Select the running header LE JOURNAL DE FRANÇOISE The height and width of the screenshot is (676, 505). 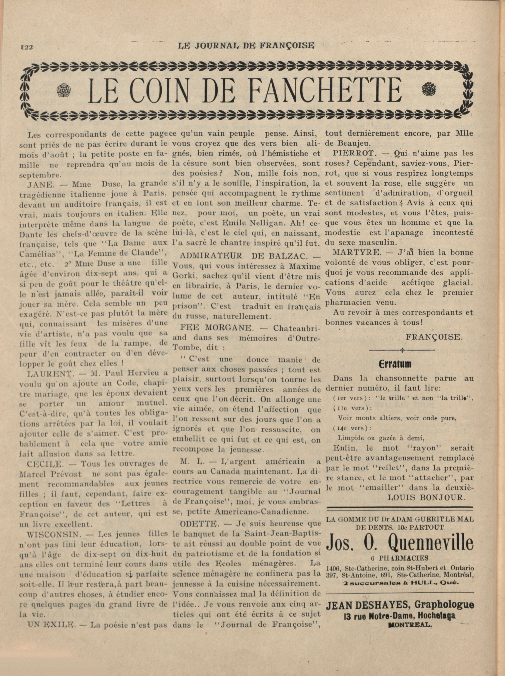pos(246,46)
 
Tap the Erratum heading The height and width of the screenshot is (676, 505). pos(395,364)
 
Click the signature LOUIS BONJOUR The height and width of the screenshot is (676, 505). pos(427,497)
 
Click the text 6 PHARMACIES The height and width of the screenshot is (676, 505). pos(400,558)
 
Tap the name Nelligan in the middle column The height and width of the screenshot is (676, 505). pos(280,223)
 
